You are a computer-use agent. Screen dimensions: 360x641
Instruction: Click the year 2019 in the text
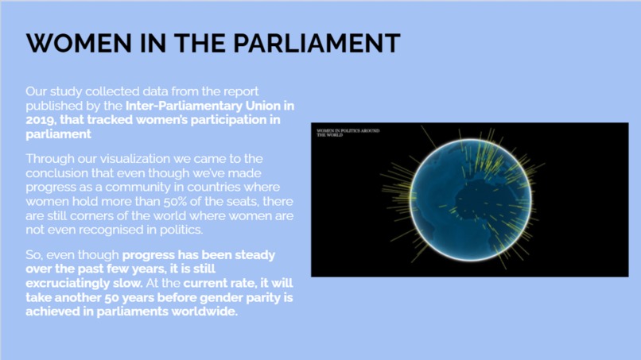(40, 120)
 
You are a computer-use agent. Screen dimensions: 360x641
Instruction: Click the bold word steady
(254, 255)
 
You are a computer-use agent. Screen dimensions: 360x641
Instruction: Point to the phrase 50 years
(121, 298)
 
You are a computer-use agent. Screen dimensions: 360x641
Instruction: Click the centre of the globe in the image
(468, 198)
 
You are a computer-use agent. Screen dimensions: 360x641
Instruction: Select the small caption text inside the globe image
(348, 131)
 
